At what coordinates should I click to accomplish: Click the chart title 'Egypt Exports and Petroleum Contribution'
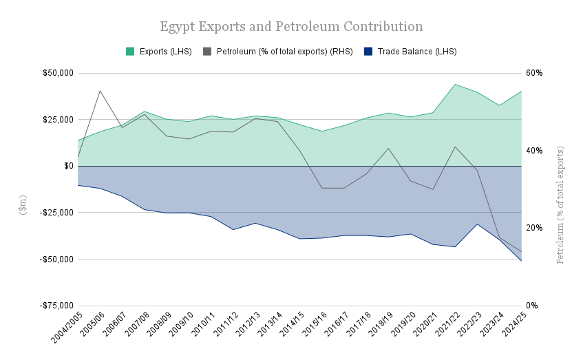(291, 27)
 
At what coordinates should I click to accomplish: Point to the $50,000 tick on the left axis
(58, 73)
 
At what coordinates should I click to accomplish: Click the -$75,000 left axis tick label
(56, 306)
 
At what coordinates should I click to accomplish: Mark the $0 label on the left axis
(69, 166)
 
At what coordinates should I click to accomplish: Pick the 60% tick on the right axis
(535, 73)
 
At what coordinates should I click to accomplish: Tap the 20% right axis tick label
(535, 228)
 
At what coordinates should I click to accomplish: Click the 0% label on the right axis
(533, 306)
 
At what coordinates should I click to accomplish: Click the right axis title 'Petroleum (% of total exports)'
(560, 204)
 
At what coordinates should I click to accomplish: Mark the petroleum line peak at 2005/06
(100, 90)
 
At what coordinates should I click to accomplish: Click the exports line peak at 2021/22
(455, 84)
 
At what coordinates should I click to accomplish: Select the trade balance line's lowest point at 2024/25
(522, 261)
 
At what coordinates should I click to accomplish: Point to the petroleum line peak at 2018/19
(389, 148)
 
